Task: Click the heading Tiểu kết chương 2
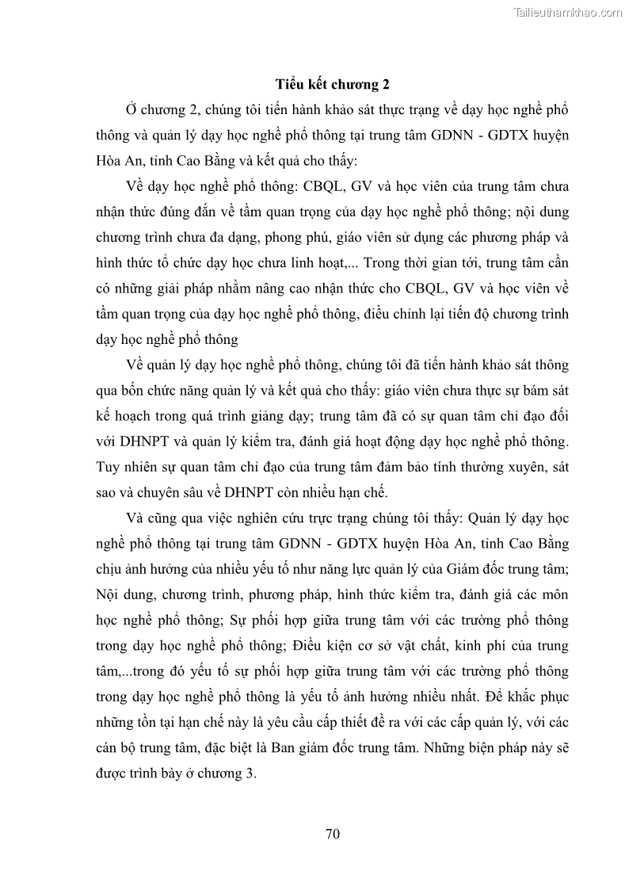click(x=332, y=83)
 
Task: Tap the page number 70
click(x=333, y=833)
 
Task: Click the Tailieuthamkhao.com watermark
click(x=569, y=12)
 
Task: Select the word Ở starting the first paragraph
click(x=132, y=109)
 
